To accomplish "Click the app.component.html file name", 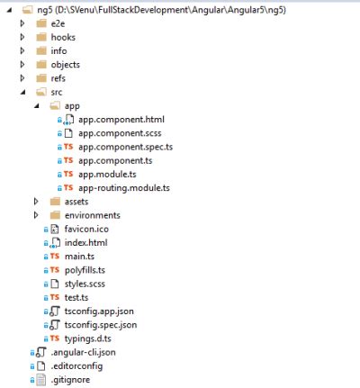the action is [121, 120].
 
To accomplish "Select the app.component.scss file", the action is [120, 133].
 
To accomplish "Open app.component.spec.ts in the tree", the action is [125, 147].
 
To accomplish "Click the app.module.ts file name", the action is [107, 175].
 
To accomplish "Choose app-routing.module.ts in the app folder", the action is [124, 188].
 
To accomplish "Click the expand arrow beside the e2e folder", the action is [22, 23].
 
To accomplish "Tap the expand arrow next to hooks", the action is [22, 37].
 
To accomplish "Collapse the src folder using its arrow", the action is [23, 93].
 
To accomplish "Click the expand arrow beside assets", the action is [36, 202].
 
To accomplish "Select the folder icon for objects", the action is [41, 65].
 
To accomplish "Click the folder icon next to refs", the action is [41, 78].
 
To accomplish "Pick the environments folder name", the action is [93, 215].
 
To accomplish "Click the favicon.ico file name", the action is [86, 230].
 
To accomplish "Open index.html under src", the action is [85, 243].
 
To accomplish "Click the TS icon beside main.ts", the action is [55, 257].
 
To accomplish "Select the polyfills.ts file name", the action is [85, 270].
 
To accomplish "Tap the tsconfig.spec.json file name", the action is [101, 325].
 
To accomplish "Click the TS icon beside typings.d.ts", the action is [55, 338].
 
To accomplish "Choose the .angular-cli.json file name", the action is [83, 352].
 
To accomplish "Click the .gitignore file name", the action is [70, 380].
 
